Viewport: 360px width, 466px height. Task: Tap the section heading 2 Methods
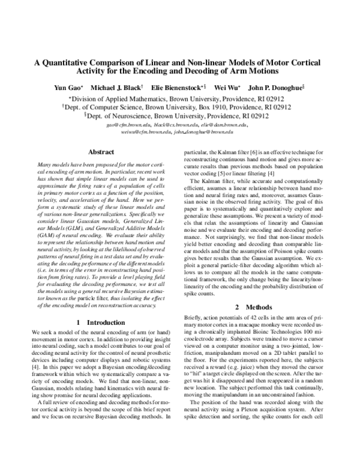tap(264, 323)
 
